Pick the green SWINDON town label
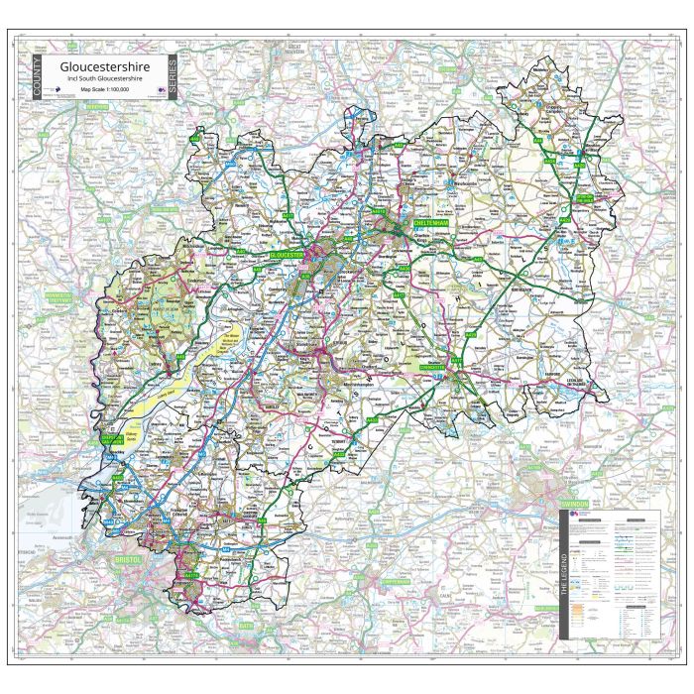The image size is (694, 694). [x=574, y=505]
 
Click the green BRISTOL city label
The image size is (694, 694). [x=130, y=560]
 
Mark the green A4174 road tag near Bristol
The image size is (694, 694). [x=191, y=575]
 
